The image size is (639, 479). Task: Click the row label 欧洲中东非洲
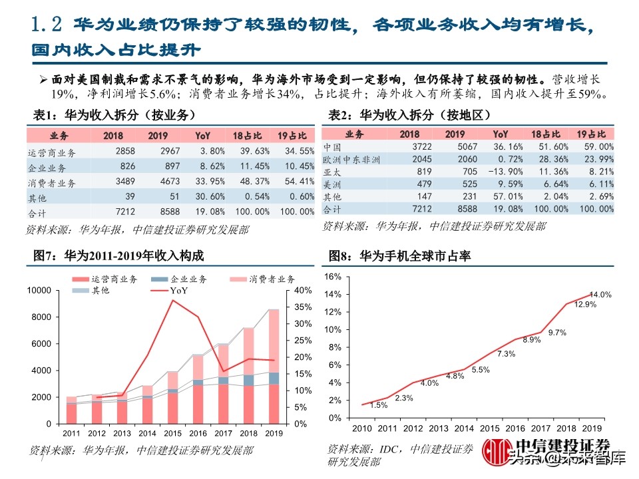click(x=351, y=159)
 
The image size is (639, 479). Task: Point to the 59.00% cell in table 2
click(x=596, y=146)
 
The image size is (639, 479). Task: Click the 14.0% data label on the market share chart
click(x=600, y=294)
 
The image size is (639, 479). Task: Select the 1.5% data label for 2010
click(x=379, y=405)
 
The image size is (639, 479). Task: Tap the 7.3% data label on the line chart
click(x=506, y=353)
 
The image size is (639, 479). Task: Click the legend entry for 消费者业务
click(x=262, y=279)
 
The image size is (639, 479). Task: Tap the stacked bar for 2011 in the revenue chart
click(x=71, y=410)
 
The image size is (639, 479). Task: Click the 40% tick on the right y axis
click(x=301, y=291)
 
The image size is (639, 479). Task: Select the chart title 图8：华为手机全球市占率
click(x=399, y=256)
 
